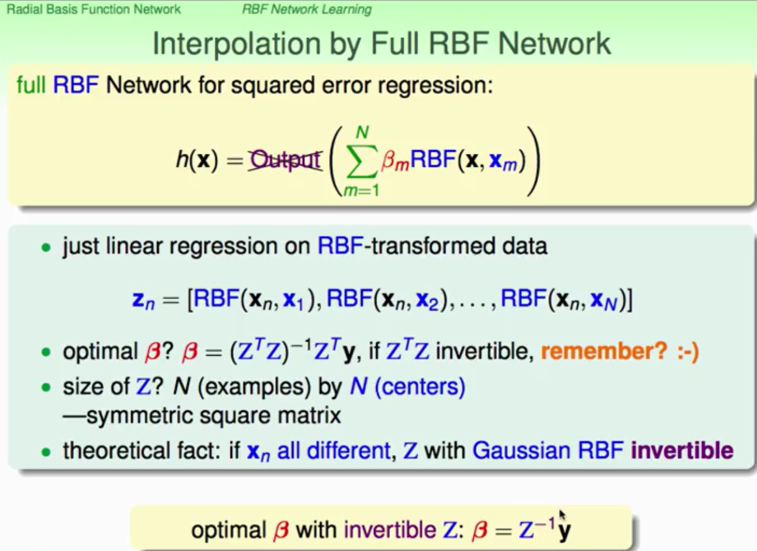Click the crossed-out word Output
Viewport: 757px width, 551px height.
coord(285,160)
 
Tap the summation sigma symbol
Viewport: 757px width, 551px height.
coord(361,162)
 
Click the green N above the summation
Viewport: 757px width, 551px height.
coord(362,132)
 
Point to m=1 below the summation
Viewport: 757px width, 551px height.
coord(361,191)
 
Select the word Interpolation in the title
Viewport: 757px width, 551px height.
coord(237,44)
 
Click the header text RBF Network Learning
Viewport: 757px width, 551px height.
coord(307,9)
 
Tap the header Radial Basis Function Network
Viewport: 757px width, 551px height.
coord(93,9)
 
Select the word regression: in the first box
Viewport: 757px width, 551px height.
coord(435,86)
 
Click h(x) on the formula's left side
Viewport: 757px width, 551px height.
coord(197,160)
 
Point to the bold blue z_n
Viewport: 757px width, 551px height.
coord(143,301)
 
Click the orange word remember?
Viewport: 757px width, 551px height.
coord(604,351)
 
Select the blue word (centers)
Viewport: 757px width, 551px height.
coord(420,387)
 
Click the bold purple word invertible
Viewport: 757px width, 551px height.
coord(682,451)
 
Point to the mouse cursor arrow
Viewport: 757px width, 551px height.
coord(562,515)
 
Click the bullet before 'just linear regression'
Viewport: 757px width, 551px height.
coord(46,248)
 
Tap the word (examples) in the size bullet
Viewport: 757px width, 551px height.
coord(254,387)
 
